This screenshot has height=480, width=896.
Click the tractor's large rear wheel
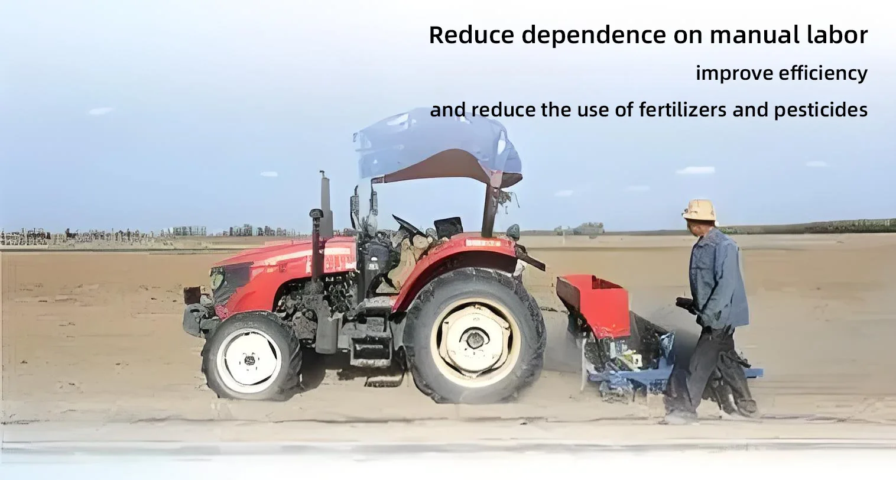pyautogui.click(x=475, y=335)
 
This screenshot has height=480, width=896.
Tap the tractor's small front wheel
pyautogui.click(x=252, y=356)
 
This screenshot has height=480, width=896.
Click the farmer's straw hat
pyautogui.click(x=699, y=210)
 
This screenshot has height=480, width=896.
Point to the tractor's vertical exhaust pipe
pyautogui.click(x=326, y=204)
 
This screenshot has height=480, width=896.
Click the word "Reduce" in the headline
pyautogui.click(x=471, y=35)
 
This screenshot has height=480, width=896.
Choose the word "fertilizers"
pyautogui.click(x=682, y=109)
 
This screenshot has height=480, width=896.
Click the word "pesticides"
pyautogui.click(x=821, y=110)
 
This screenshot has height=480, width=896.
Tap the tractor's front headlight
pyautogui.click(x=216, y=277)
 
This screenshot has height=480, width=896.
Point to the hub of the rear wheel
pyautogui.click(x=475, y=338)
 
